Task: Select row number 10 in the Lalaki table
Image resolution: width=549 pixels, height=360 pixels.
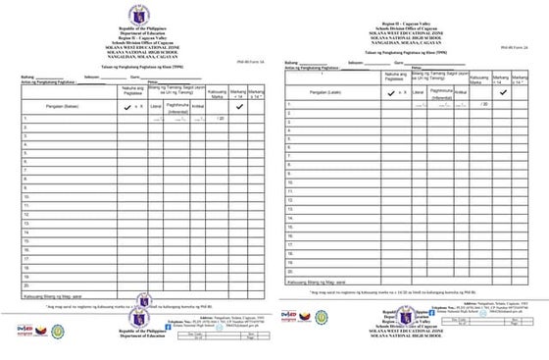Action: pos(290,182)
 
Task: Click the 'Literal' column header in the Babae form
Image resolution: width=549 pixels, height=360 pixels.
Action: pos(155,104)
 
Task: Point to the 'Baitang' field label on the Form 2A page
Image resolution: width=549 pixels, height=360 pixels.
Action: pos(291,61)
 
